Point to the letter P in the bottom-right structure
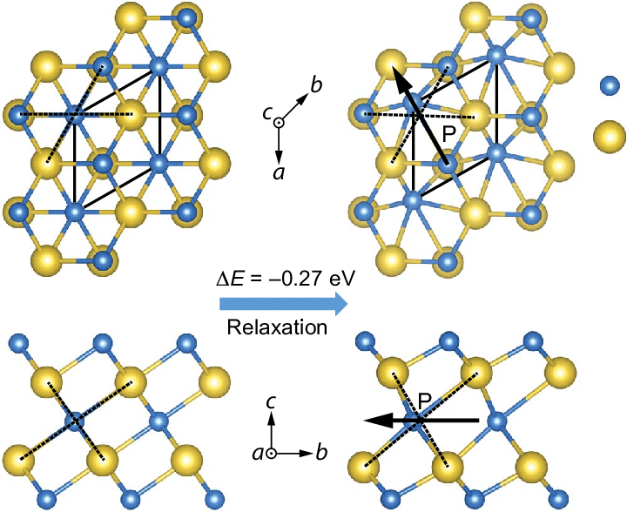426,400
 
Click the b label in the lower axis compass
321,454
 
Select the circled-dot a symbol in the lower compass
272,454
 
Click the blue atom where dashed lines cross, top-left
75,113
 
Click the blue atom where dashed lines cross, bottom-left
75,421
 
